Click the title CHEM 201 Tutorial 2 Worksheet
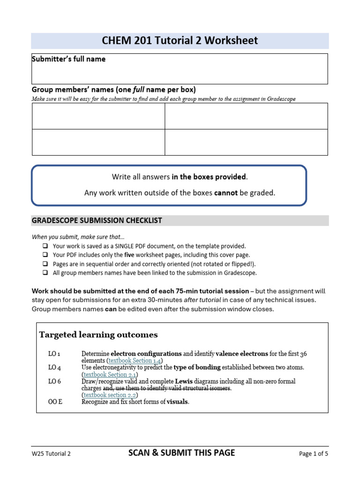point(180,41)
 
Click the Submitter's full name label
point(68,59)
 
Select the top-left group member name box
point(98,116)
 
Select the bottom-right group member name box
point(246,142)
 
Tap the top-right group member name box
point(246,116)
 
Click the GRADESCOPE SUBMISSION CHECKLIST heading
point(97,220)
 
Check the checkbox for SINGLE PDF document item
point(45,246)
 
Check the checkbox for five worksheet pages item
point(45,255)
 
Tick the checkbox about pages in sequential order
point(45,264)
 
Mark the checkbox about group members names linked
point(45,273)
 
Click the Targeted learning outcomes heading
point(98,335)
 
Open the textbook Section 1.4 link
point(134,360)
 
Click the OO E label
point(55,402)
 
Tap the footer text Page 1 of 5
point(314,453)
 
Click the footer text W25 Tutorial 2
point(51,453)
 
